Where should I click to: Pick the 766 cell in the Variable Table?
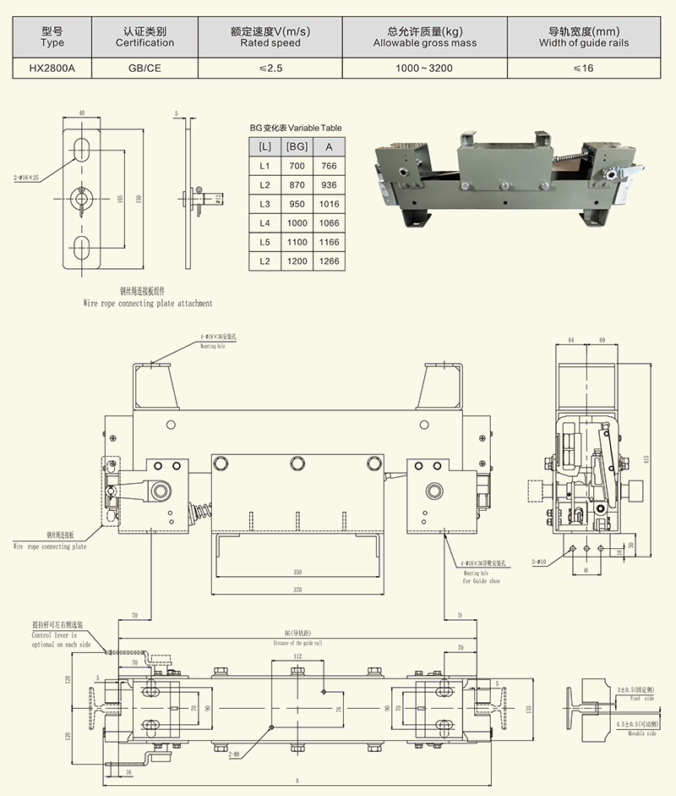[x=330, y=166]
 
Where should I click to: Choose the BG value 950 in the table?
[x=296, y=204]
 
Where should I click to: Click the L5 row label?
[x=264, y=242]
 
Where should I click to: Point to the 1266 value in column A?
[x=330, y=261]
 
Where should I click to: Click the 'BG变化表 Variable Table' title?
[x=296, y=127]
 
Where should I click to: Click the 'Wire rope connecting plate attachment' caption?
[x=148, y=302]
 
